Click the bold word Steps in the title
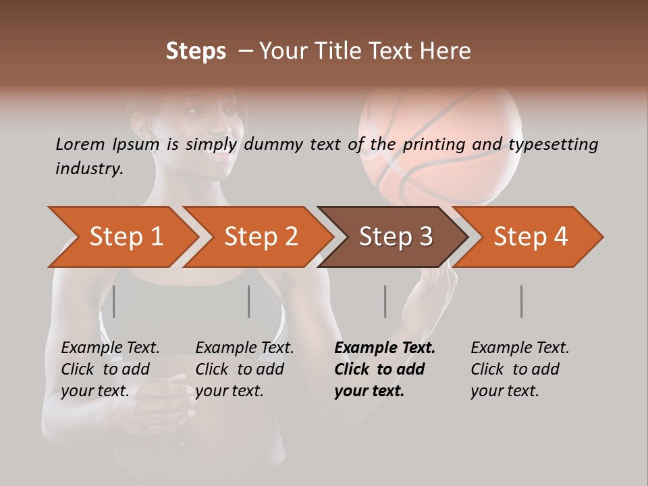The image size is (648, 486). [x=196, y=51]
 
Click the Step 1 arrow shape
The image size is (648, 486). [x=126, y=236]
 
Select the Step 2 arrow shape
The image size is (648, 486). [x=261, y=236]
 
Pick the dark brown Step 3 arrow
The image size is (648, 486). [x=396, y=236]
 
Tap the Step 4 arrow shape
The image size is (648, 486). [x=531, y=236]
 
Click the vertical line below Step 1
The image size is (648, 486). [x=114, y=301]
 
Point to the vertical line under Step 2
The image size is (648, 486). [x=249, y=301]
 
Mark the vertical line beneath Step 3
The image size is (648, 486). [x=385, y=301]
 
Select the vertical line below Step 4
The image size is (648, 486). [x=522, y=301]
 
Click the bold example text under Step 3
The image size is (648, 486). [x=385, y=369]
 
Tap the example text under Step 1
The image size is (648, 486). [x=110, y=369]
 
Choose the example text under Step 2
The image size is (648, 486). [x=244, y=369]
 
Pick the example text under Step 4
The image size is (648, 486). [x=520, y=369]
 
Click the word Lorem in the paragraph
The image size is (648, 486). [x=80, y=144]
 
